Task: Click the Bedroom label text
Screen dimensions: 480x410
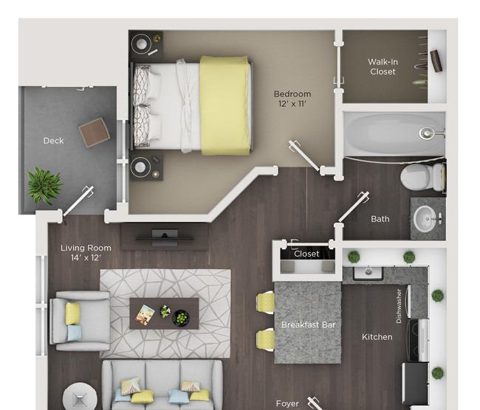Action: (292, 94)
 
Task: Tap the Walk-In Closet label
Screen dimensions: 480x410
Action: (383, 66)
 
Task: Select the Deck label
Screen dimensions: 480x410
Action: (54, 141)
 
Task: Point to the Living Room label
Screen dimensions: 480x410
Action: (86, 248)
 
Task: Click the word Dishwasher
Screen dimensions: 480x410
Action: (399, 306)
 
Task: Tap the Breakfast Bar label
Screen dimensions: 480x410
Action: (308, 324)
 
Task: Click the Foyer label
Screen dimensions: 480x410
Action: (287, 404)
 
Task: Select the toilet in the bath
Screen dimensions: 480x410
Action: (422, 177)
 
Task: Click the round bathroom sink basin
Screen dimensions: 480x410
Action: (425, 218)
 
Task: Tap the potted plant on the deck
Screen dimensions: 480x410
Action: (45, 186)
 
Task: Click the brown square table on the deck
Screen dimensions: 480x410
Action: (95, 133)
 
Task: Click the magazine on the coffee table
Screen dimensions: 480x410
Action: (145, 315)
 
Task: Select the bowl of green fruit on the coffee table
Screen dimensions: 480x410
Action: (181, 318)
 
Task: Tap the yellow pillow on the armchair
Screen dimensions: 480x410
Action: (73, 313)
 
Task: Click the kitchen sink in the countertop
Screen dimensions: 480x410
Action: (368, 273)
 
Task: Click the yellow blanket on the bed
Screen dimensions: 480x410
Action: (225, 105)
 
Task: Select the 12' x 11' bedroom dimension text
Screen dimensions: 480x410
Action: (292, 104)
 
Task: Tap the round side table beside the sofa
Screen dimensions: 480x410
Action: (80, 397)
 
